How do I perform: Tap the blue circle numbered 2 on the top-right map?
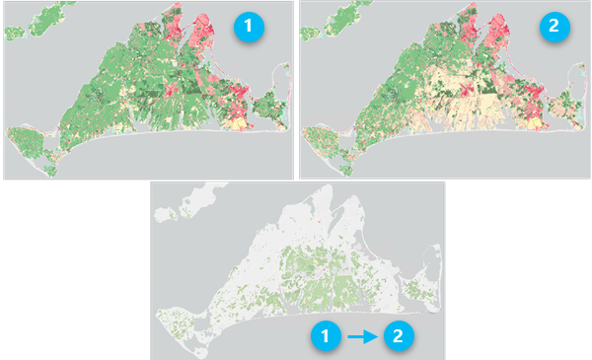point(553,28)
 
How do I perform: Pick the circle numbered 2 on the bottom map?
point(398,335)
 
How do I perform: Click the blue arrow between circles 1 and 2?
point(362,335)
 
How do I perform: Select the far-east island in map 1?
point(268,105)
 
